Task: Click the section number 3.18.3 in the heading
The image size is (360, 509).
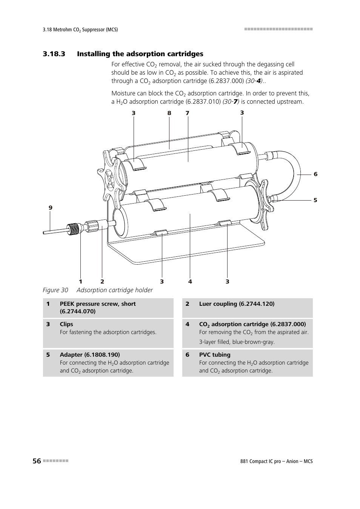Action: click(54, 54)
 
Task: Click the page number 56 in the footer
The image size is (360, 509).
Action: click(37, 461)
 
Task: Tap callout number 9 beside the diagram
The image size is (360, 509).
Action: click(51, 208)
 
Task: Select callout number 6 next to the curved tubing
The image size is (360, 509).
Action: click(315, 174)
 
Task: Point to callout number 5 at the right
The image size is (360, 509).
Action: click(315, 200)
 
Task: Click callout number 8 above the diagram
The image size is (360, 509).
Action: click(169, 113)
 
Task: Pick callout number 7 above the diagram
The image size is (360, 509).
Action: click(187, 113)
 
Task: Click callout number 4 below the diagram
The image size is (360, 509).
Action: click(190, 282)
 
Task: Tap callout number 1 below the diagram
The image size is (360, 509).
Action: click(80, 282)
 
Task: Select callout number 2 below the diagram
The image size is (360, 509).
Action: click(102, 282)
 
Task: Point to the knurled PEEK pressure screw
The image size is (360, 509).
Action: click(74, 228)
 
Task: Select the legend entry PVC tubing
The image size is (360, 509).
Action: click(215, 355)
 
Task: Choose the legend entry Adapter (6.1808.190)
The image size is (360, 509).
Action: click(90, 355)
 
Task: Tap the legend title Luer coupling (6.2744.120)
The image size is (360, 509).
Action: click(237, 304)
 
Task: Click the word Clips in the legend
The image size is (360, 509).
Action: click(66, 324)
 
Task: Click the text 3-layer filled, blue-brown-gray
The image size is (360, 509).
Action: click(237, 342)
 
